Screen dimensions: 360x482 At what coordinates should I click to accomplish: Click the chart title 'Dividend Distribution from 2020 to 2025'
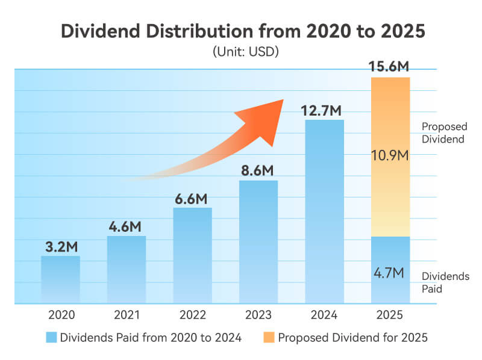pyautogui.click(x=241, y=32)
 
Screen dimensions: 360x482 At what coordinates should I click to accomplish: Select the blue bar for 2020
pyautogui.click(x=60, y=279)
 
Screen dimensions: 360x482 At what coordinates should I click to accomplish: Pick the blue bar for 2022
pyautogui.click(x=193, y=255)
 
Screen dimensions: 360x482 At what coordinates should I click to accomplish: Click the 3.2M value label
pyautogui.click(x=60, y=247)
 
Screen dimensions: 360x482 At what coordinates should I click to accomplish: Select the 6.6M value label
pyautogui.click(x=193, y=199)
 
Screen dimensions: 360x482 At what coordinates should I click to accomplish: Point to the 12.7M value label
pyautogui.click(x=325, y=110)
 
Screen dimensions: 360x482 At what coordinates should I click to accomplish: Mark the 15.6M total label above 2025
pyautogui.click(x=391, y=67)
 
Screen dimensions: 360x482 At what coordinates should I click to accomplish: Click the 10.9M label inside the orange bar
pyautogui.click(x=391, y=156)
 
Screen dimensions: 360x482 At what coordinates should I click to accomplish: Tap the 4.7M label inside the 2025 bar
pyautogui.click(x=391, y=273)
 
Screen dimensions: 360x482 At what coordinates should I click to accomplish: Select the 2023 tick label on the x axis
pyautogui.click(x=258, y=315)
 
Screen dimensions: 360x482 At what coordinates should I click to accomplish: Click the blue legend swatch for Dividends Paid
pyautogui.click(x=51, y=338)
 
